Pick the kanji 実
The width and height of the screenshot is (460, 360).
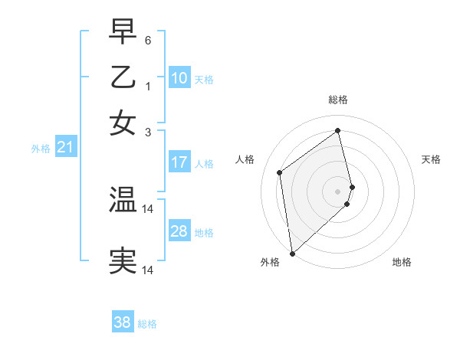tap(123, 261)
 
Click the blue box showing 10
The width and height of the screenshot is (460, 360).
tap(179, 78)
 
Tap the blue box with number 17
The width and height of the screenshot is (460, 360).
tap(179, 162)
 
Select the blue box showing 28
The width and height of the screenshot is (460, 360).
tap(179, 231)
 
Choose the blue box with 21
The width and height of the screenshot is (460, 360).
tap(65, 147)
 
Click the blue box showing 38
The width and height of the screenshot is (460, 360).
tap(123, 322)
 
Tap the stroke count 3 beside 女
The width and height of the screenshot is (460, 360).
tap(147, 133)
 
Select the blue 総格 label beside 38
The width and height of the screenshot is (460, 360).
tap(147, 324)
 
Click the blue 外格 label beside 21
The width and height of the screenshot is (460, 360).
tap(41, 149)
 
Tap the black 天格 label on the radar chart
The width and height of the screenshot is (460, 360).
tap(431, 159)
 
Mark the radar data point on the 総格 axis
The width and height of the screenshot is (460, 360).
tap(338, 130)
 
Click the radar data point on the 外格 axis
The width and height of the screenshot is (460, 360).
tap(291, 254)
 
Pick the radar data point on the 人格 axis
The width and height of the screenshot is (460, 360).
tap(280, 172)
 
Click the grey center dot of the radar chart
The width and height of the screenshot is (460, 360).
tap(338, 191)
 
